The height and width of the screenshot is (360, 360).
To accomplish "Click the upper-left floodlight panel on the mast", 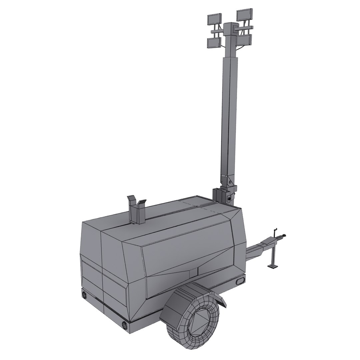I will (214, 19).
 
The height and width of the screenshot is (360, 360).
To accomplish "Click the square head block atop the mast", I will (230, 30).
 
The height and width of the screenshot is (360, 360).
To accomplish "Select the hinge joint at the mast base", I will (229, 182).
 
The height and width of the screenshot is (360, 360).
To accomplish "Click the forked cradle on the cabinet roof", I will (137, 210).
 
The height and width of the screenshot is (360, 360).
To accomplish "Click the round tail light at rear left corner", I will (84, 295).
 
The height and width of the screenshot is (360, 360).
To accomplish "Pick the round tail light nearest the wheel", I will (125, 325).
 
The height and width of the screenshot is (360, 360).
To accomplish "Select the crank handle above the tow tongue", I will (275, 231).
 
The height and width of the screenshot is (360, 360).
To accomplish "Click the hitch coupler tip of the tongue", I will (284, 237).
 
